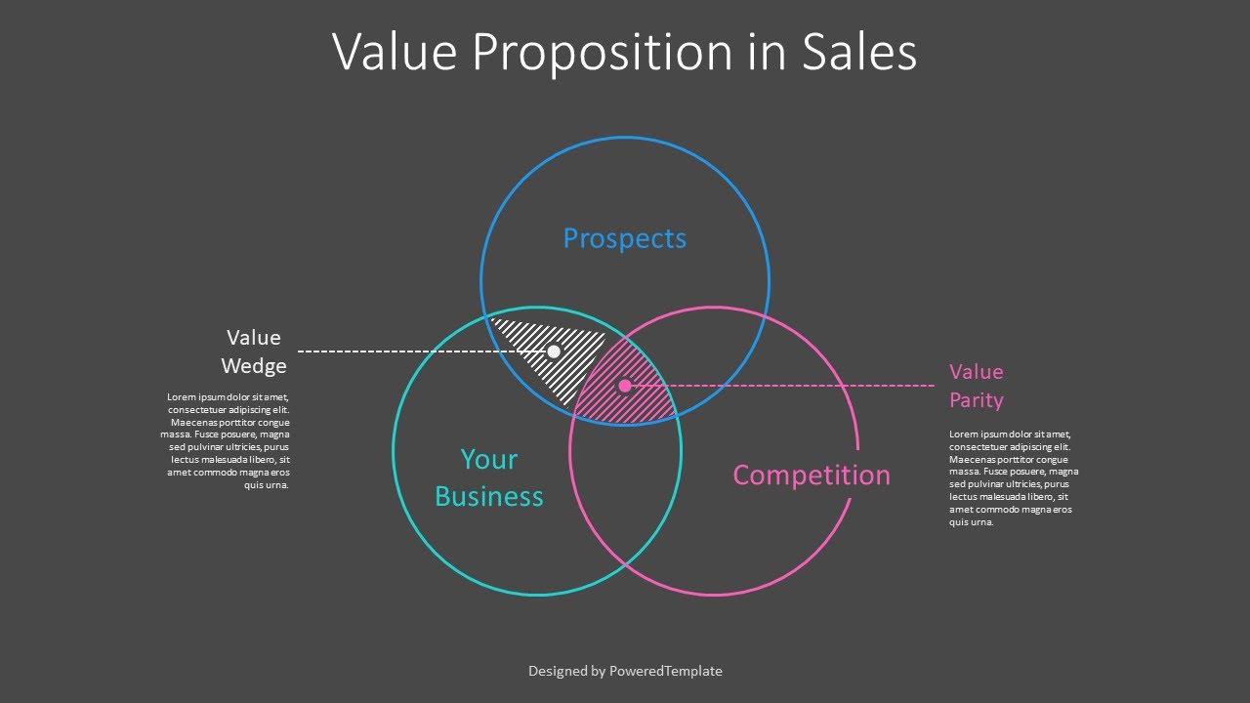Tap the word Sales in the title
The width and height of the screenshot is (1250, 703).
[x=860, y=53]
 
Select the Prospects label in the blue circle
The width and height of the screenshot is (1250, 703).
[x=625, y=238]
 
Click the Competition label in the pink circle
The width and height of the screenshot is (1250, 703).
[x=812, y=476]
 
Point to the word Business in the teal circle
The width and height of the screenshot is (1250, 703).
[x=488, y=496]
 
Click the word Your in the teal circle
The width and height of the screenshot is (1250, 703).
[x=488, y=459]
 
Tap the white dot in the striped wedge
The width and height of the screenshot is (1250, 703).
[x=554, y=351]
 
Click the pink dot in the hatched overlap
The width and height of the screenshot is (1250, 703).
[x=625, y=386]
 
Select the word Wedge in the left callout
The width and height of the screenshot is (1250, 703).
[x=254, y=366]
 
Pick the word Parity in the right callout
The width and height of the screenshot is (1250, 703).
[x=976, y=400]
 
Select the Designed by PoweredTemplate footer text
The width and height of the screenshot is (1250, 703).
[x=625, y=671]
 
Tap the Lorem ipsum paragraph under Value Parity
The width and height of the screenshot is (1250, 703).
[x=1012, y=478]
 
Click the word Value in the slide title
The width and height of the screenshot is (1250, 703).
[x=395, y=53]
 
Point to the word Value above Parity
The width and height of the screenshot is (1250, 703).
[x=976, y=372]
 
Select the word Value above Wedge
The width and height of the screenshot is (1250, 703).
[x=254, y=338]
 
